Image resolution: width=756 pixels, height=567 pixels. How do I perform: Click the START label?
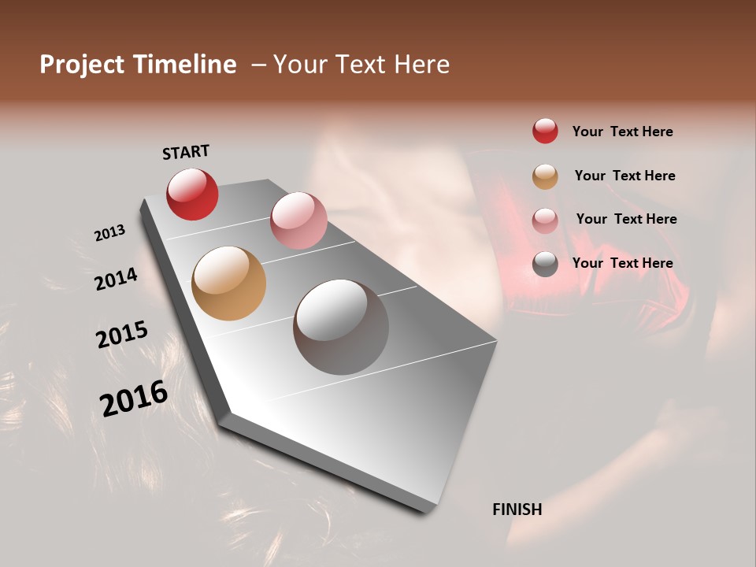tap(186, 151)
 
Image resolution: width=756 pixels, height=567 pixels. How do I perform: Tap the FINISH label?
tap(517, 510)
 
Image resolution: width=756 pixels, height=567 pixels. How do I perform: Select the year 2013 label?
tap(109, 233)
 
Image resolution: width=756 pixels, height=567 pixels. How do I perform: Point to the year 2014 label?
tap(116, 279)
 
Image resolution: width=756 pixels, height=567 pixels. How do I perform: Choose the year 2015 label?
tap(122, 335)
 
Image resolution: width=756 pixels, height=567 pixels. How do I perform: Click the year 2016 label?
tap(134, 398)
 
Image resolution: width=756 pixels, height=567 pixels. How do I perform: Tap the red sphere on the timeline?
tap(192, 194)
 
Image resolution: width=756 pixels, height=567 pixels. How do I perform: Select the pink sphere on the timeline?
tap(298, 220)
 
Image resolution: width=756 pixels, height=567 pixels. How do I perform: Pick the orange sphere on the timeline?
tap(228, 283)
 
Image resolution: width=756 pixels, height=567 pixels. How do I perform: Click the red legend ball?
tap(545, 131)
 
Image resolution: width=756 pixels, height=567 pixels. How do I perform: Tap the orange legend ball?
tap(545, 176)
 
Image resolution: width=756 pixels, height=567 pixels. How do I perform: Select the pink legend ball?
tap(545, 220)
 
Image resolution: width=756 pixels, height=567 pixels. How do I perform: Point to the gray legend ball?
tap(545, 263)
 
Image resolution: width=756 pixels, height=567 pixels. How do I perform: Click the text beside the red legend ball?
tap(622, 132)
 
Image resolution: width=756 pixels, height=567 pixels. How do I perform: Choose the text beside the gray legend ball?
tap(622, 263)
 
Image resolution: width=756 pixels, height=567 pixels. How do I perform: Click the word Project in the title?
tap(82, 65)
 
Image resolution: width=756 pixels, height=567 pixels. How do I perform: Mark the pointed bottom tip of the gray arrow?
tap(425, 512)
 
